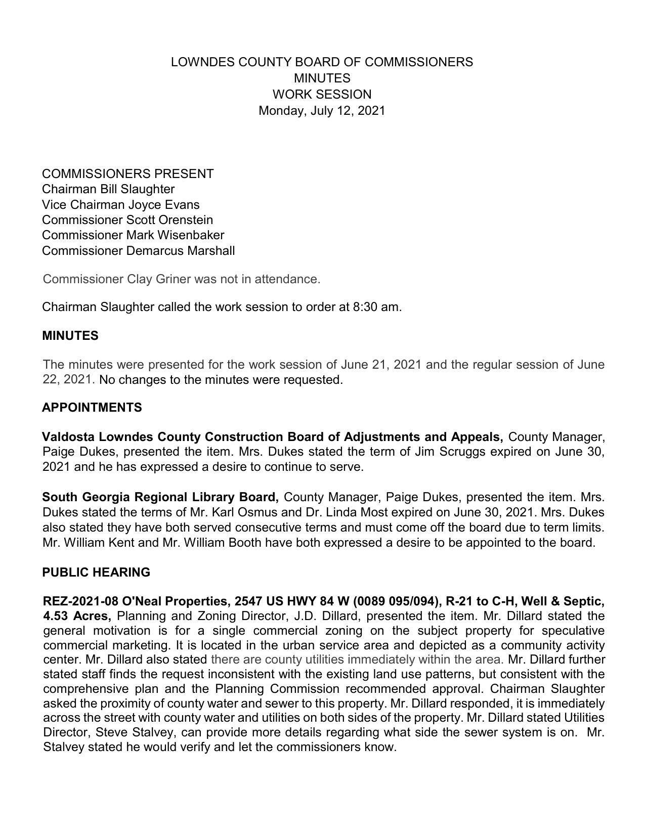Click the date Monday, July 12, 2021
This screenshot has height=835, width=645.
[322, 111]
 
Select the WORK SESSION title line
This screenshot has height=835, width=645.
[322, 95]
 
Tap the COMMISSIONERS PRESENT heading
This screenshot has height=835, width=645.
[127, 174]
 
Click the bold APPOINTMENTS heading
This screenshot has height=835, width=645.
[92, 408]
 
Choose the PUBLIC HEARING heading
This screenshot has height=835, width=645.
[96, 573]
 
